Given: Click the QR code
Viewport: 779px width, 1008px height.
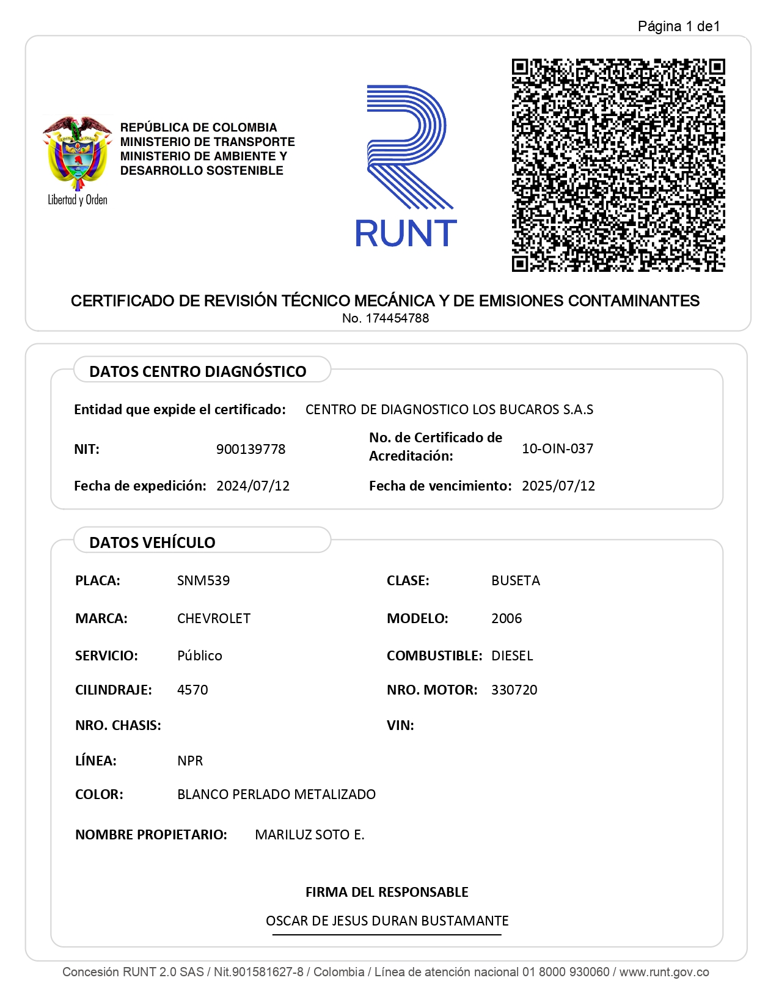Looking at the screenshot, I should (x=618, y=165).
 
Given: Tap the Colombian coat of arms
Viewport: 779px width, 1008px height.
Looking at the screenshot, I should (x=77, y=153).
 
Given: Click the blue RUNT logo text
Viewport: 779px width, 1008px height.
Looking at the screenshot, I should (x=406, y=233).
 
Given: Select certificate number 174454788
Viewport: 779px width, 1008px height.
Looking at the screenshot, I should (x=397, y=318).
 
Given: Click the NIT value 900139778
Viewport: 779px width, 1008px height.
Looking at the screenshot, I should (x=251, y=449).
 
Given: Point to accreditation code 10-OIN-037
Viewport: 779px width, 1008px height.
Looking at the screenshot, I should (x=557, y=448).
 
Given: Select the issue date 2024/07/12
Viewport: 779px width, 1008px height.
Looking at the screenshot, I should (x=253, y=486).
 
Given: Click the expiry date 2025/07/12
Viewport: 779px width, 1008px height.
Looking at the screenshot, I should (x=558, y=486).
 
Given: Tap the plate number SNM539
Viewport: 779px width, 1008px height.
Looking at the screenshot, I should (x=203, y=580).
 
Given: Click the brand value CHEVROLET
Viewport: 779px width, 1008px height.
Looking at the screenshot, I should (x=214, y=618).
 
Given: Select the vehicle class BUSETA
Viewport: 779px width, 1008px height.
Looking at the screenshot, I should (x=516, y=580).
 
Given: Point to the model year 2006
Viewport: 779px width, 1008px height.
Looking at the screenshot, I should (x=507, y=618).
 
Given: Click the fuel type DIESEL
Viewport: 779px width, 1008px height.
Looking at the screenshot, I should (x=512, y=656).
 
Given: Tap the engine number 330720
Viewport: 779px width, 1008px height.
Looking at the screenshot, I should (x=514, y=690).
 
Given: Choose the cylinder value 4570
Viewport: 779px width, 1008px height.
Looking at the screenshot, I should (x=192, y=690).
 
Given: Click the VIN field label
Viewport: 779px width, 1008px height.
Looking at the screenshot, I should (x=400, y=725).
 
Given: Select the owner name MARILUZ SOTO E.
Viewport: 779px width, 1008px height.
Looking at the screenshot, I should (x=310, y=835).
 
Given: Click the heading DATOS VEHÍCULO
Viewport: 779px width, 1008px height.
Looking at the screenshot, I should (x=152, y=542).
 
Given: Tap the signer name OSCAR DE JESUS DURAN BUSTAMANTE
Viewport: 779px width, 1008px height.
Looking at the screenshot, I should (x=387, y=921).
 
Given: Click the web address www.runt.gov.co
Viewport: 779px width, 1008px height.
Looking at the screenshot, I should (x=664, y=972).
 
